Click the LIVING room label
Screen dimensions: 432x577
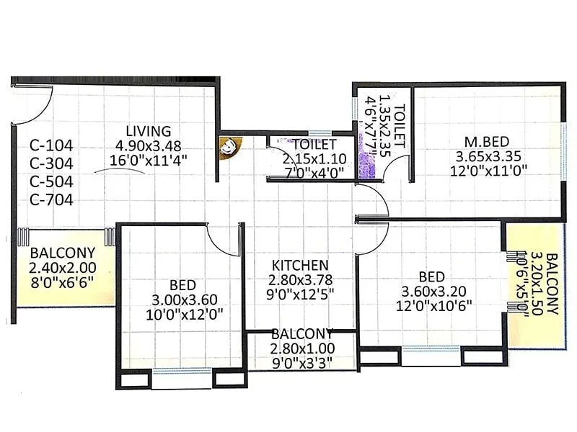[x=148, y=131]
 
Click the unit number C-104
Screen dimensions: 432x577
[x=52, y=146]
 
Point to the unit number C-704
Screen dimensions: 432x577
[x=52, y=201]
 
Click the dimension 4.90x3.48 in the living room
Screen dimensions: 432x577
[x=147, y=146]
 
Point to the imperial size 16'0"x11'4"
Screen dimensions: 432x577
[x=147, y=161]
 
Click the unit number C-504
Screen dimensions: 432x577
[x=52, y=183]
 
